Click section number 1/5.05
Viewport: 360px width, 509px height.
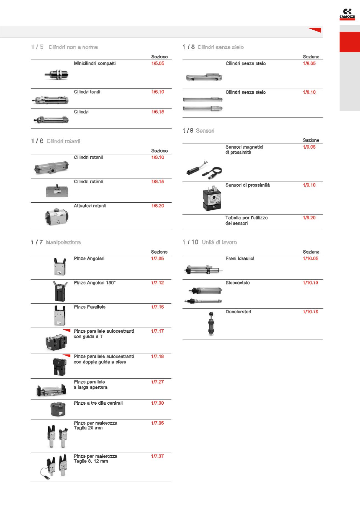pos(158,63)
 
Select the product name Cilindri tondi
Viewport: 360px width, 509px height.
pos(87,92)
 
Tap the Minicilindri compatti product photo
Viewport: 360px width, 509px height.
pos(56,74)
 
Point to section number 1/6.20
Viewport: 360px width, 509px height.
pos(158,206)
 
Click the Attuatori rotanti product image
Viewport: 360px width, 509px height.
pos(57,216)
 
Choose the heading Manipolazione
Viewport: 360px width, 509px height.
pos(63,242)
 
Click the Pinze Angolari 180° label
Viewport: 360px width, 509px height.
pos(94,283)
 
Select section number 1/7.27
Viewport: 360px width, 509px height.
pos(157,382)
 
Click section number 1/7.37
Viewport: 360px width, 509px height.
pos(157,456)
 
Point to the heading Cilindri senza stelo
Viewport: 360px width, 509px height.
pos(220,47)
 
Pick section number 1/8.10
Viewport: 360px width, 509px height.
pos(309,92)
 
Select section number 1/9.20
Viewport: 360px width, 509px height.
pos(309,218)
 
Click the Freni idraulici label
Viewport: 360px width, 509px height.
pos(240,259)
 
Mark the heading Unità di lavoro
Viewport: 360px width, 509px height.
pos(219,242)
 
